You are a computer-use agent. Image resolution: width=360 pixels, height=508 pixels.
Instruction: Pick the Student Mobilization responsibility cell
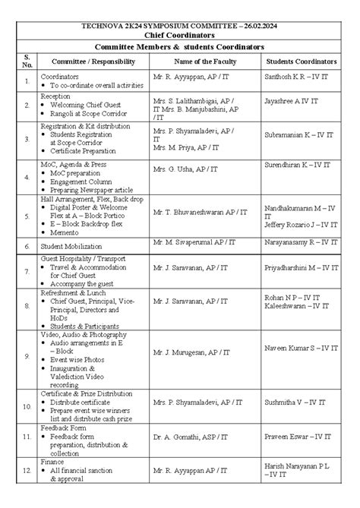[x=74, y=246]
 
